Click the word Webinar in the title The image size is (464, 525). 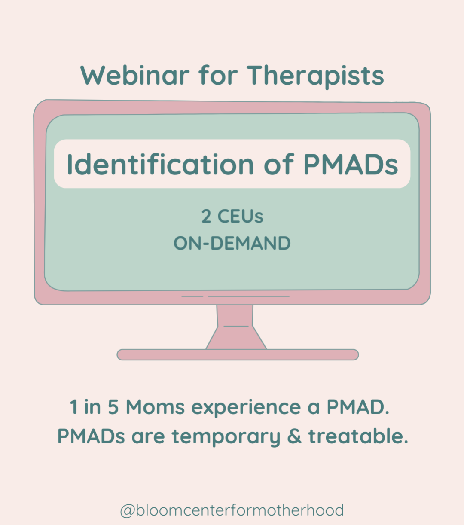click(135, 75)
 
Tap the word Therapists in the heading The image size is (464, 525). click(315, 77)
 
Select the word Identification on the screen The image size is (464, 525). click(160, 164)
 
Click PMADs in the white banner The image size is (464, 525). click(351, 164)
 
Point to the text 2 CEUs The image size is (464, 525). click(232, 216)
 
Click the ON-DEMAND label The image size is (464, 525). click(232, 243)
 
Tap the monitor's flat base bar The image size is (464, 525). click(238, 354)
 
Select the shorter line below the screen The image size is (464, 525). click(192, 296)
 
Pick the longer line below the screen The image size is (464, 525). click(249, 296)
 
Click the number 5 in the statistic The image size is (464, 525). click(113, 407)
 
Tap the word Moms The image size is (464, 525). click(155, 407)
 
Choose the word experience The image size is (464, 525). click(246, 409)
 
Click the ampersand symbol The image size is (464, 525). click(294, 436)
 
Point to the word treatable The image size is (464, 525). click(358, 436)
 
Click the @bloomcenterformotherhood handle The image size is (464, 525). click(232, 510)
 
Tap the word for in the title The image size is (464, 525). click(218, 75)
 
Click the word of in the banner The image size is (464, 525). click(279, 164)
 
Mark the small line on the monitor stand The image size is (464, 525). click(236, 326)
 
